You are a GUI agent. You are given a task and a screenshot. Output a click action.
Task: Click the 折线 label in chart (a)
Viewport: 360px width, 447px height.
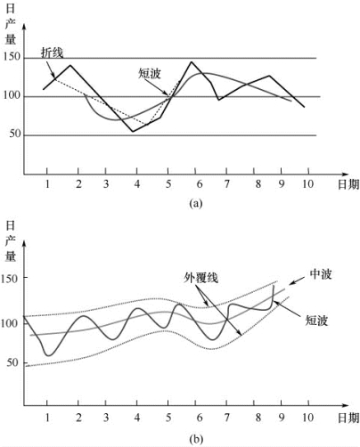[52, 53]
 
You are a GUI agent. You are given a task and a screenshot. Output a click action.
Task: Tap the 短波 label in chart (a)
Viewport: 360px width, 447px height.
[150, 73]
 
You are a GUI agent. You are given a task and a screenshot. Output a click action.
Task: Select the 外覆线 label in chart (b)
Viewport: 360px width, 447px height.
[201, 278]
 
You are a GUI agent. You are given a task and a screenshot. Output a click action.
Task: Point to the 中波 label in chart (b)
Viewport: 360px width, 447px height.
[321, 274]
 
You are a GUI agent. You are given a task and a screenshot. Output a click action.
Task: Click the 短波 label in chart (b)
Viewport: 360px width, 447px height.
[316, 321]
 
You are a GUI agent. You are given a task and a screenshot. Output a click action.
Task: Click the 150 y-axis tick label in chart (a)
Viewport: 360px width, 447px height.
[12, 57]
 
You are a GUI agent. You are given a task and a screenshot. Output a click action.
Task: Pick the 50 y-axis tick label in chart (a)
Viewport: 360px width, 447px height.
[15, 134]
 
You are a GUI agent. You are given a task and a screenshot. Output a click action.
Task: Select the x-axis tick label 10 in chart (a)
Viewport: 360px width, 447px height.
[308, 184]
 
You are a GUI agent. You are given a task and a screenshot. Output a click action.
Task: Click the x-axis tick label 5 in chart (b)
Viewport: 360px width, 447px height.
[168, 418]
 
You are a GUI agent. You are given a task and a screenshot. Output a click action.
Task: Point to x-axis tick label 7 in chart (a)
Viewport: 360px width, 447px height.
[226, 184]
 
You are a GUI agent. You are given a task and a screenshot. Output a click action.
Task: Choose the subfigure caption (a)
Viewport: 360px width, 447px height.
[196, 203]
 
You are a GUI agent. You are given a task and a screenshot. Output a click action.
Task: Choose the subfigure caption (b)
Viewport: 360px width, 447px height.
[196, 439]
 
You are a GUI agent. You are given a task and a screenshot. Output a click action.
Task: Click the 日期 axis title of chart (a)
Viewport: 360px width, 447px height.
[348, 184]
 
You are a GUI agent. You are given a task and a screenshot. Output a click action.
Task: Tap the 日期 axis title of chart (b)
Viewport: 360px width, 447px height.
[348, 418]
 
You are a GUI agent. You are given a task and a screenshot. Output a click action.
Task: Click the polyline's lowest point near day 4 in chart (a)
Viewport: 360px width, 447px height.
[133, 132]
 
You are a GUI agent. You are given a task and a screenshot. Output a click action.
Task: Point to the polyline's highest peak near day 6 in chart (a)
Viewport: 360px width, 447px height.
[192, 61]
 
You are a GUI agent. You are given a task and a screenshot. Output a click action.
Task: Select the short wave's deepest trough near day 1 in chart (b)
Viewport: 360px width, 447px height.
[49, 355]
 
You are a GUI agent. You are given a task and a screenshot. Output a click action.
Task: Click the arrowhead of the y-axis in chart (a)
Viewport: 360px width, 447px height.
[24, 27]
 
